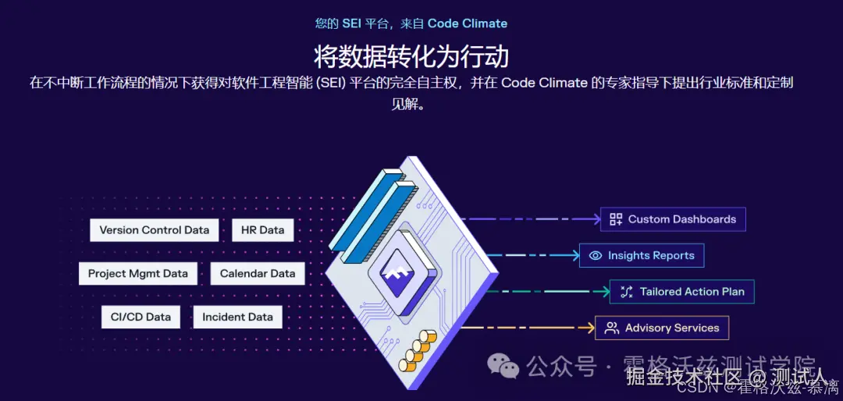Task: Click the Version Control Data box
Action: point(155,230)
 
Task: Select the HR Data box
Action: point(262,230)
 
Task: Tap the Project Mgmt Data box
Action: point(138,274)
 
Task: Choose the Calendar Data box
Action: point(258,274)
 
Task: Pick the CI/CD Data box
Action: point(140,317)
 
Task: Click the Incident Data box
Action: point(237,317)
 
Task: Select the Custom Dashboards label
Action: point(681,219)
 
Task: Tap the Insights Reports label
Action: point(651,256)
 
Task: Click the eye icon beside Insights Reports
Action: point(596,256)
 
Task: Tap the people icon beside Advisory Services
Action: point(612,328)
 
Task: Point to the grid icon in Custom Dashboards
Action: point(616,219)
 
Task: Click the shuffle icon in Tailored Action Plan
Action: point(626,292)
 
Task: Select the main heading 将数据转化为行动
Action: point(411,56)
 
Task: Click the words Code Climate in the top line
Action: point(467,23)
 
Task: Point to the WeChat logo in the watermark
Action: point(503,365)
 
